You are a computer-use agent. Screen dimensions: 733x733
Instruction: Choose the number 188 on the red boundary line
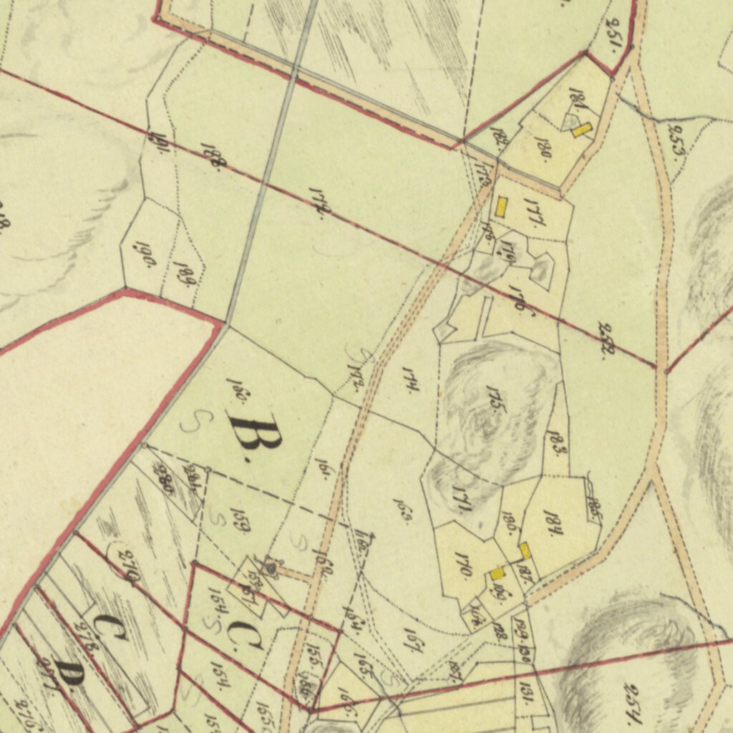point(211,155)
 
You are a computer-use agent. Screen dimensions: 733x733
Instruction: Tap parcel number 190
point(146,253)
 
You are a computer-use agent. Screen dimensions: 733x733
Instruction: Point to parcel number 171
point(461,498)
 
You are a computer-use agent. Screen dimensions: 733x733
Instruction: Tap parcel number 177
point(535,213)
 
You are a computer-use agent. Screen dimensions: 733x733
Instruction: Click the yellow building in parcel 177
point(501,208)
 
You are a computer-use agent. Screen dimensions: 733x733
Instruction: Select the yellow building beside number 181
point(582,130)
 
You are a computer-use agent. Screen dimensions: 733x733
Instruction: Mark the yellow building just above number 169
point(497,573)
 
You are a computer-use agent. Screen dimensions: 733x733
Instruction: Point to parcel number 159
point(239,520)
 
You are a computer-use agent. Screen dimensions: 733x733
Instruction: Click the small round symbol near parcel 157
point(271,568)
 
